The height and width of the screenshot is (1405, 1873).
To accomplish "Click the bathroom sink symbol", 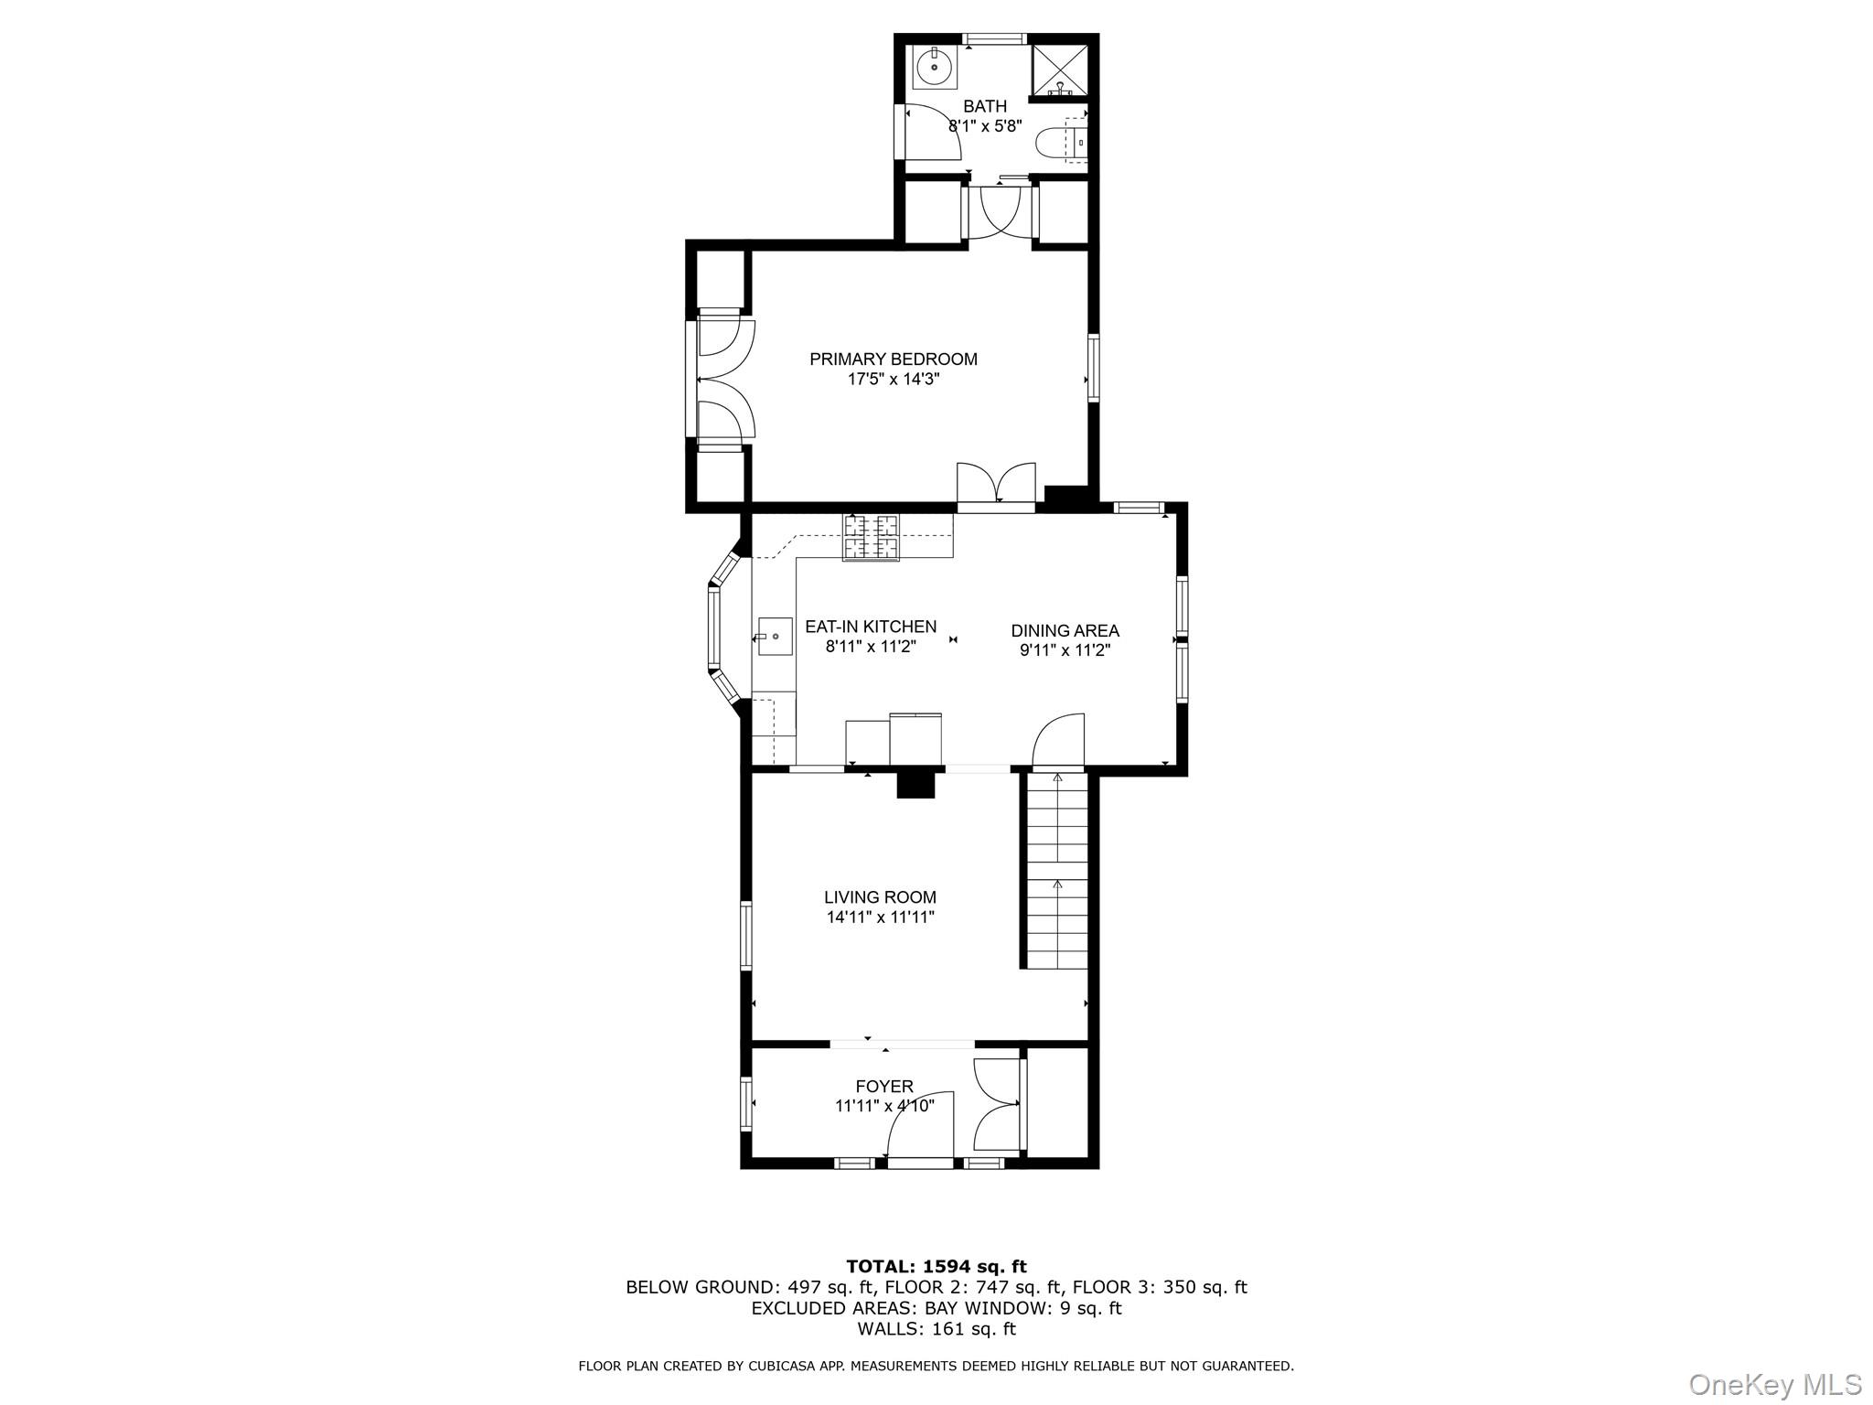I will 934,66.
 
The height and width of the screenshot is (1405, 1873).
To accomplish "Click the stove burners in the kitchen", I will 870,537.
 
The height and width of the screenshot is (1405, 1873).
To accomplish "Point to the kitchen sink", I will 775,636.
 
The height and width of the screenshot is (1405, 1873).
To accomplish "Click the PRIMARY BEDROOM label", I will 893,359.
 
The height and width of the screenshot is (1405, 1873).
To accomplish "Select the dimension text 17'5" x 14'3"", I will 893,380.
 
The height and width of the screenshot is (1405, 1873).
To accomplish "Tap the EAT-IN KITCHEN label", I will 870,627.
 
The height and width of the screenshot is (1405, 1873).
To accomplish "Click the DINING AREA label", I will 1065,630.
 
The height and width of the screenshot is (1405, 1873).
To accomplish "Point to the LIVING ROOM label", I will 880,897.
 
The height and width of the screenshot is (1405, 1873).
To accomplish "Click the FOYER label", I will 883,1087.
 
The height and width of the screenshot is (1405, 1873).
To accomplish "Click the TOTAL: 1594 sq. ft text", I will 936,1267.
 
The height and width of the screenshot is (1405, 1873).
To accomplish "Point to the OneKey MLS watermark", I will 1774,1384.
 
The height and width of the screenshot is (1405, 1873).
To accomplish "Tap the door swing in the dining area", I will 1059,740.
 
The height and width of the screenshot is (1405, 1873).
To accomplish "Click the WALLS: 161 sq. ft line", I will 936,1329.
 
